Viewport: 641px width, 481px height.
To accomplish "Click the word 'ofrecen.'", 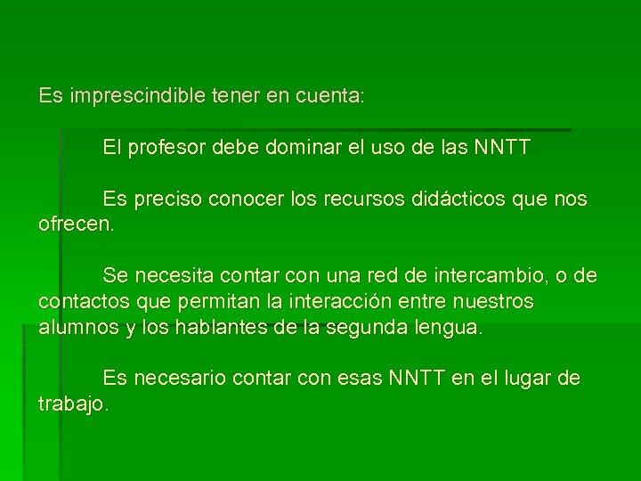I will pyautogui.click(x=77, y=223).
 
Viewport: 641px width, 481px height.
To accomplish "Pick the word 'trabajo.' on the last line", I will pyautogui.click(x=75, y=404).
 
